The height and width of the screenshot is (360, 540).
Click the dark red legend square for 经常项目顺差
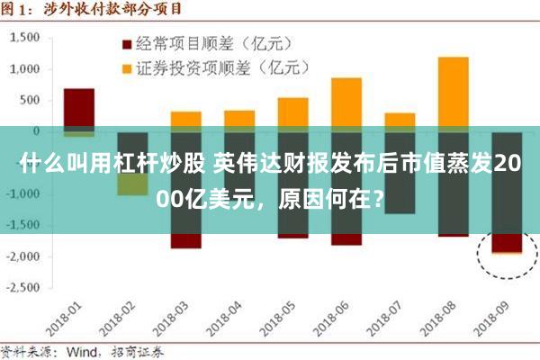pos(126,43)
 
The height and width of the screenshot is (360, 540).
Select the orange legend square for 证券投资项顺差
pos(126,67)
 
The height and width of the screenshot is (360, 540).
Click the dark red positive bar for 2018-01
pos(79,108)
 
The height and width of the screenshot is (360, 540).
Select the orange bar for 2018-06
pos(346,103)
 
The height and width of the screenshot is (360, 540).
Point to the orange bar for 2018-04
pos(239,120)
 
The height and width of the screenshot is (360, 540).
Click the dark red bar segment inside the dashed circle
pos(506,244)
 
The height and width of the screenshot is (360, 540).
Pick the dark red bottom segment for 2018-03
pos(185,241)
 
